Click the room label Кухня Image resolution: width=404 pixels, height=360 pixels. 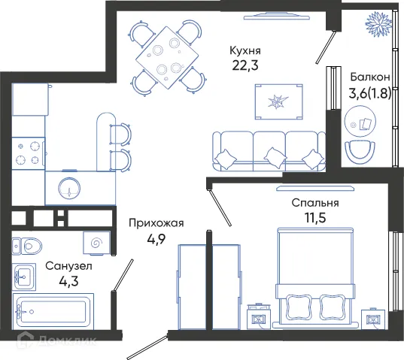click(247, 50)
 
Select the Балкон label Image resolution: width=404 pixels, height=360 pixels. click(369, 77)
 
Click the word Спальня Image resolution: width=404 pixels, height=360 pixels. click(315, 203)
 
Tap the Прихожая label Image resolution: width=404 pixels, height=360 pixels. click(156, 222)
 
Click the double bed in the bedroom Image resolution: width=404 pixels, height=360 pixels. click(314, 278)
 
